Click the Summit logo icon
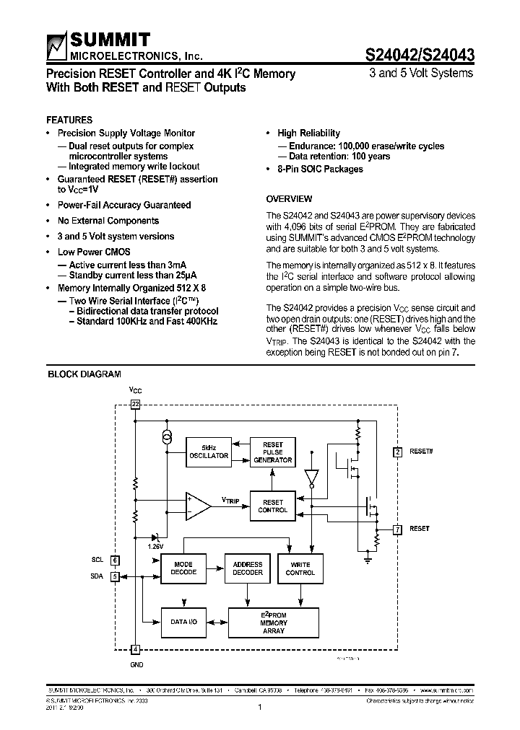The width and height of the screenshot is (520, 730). click(x=56, y=47)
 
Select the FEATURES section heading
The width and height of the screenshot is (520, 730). click(x=69, y=120)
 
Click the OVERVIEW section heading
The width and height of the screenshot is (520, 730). click(x=289, y=198)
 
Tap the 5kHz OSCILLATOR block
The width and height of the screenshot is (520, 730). click(x=209, y=452)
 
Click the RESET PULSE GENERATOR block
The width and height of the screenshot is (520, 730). click(x=273, y=452)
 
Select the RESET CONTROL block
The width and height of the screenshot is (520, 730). click(x=273, y=506)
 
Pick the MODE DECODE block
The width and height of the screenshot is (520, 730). click(x=183, y=568)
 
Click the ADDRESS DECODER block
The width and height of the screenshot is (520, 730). click(x=248, y=568)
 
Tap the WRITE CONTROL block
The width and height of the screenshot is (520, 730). click(x=300, y=568)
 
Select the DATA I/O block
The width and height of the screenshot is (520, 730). click(x=183, y=621)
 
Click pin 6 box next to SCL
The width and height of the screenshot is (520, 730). click(x=115, y=559)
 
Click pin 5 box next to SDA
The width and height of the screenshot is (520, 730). click(x=115, y=576)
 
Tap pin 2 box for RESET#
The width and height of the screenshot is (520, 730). click(x=397, y=452)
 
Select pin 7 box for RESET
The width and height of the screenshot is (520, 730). click(x=397, y=529)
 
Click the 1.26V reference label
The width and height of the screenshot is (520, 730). click(x=156, y=547)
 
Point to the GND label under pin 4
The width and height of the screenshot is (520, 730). click(x=136, y=664)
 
